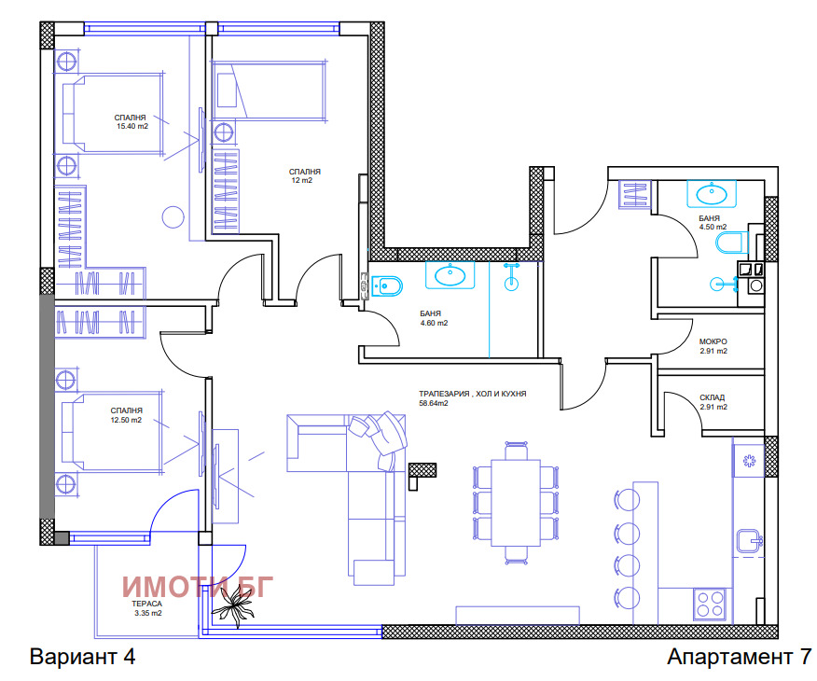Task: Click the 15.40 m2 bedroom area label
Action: pyautogui.click(x=132, y=126)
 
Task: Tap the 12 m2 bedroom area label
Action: pyautogui.click(x=302, y=180)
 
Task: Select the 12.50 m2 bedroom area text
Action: pyautogui.click(x=126, y=420)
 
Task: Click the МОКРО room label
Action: pyautogui.click(x=713, y=341)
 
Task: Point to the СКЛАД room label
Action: pyautogui.click(x=713, y=397)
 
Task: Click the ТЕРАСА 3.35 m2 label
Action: pyautogui.click(x=147, y=608)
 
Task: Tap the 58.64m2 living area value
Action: pyautogui.click(x=434, y=403)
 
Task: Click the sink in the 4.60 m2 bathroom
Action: pyautogui.click(x=450, y=274)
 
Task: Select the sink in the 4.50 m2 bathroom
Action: pyautogui.click(x=712, y=194)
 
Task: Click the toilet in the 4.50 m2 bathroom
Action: pyautogui.click(x=732, y=243)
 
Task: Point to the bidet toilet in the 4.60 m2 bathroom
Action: pyautogui.click(x=387, y=285)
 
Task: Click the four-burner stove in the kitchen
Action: pyautogui.click(x=710, y=605)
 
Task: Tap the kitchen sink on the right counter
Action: pyautogui.click(x=750, y=541)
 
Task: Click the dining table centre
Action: pyautogui.click(x=516, y=502)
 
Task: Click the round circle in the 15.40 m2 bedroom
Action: pyautogui.click(x=173, y=217)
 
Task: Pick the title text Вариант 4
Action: pyautogui.click(x=83, y=657)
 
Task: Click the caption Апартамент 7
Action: pyautogui.click(x=739, y=657)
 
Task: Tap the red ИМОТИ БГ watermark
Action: pyautogui.click(x=198, y=587)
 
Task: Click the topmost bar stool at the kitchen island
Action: pyautogui.click(x=628, y=500)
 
